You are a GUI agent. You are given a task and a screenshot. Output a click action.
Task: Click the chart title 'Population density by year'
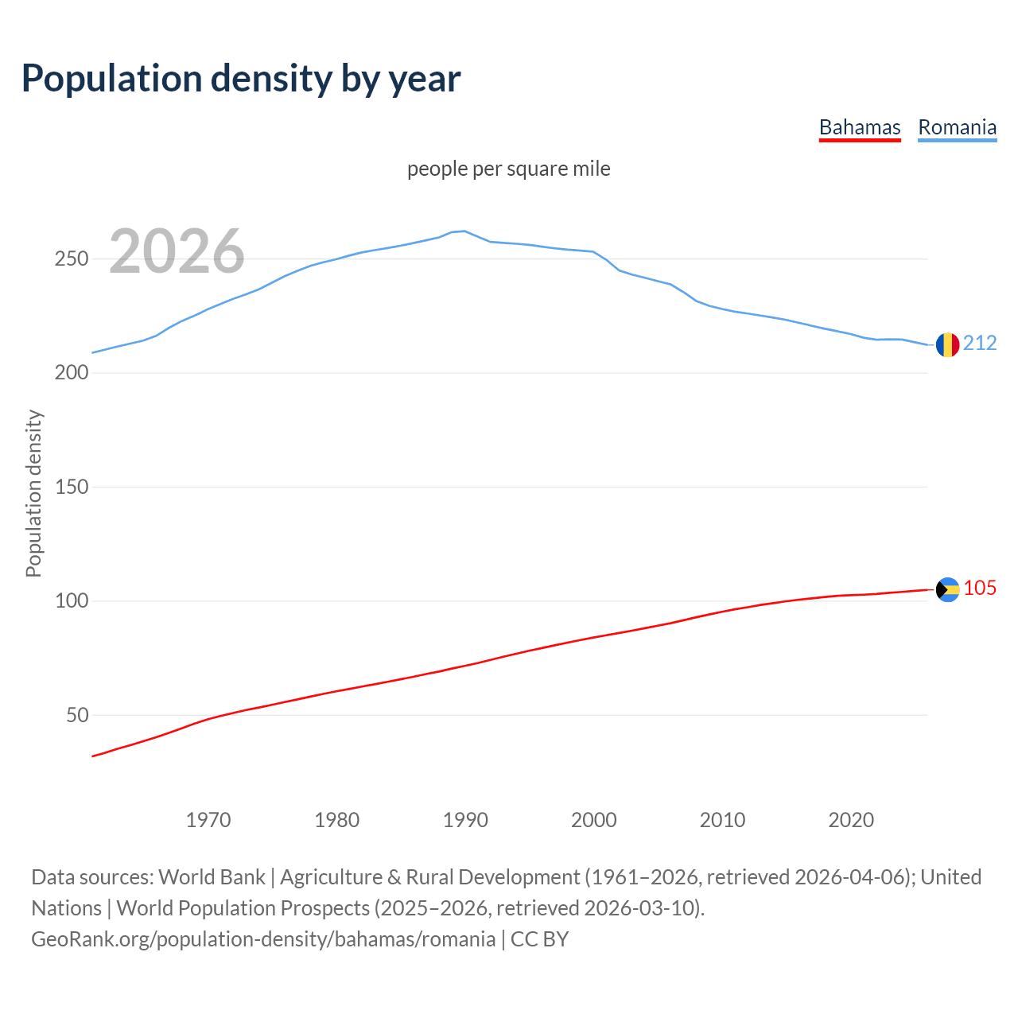(x=241, y=78)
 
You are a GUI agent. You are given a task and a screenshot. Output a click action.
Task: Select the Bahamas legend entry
(x=860, y=127)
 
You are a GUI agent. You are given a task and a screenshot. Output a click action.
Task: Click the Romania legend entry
(x=957, y=127)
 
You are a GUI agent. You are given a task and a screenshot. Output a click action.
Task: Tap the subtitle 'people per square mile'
(x=508, y=169)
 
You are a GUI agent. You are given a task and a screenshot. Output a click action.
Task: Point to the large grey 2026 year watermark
(x=177, y=251)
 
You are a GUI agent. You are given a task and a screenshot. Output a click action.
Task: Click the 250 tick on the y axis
(x=72, y=259)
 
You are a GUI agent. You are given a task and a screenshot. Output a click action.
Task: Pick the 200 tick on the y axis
(x=72, y=373)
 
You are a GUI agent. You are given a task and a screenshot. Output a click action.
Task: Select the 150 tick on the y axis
(x=72, y=487)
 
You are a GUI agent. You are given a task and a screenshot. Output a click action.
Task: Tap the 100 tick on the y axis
(x=72, y=600)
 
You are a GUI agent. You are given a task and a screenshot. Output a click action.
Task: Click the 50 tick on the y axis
(x=77, y=715)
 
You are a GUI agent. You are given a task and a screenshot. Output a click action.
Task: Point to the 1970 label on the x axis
(x=208, y=820)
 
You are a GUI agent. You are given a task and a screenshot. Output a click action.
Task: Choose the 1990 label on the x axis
(x=465, y=820)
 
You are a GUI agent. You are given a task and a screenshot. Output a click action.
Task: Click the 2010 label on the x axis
(x=722, y=820)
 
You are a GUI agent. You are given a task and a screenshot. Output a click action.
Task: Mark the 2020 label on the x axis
(x=851, y=820)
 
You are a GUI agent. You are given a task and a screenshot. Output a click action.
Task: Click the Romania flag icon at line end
(x=947, y=344)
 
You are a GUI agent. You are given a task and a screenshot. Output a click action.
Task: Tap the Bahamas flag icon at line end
(x=947, y=589)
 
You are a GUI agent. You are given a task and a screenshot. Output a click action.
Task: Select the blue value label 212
(x=980, y=343)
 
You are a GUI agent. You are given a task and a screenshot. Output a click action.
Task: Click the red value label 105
(x=980, y=588)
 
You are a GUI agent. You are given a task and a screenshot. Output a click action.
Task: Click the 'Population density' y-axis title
(x=33, y=493)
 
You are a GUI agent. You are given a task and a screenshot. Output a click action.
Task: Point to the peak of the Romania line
(x=464, y=231)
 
